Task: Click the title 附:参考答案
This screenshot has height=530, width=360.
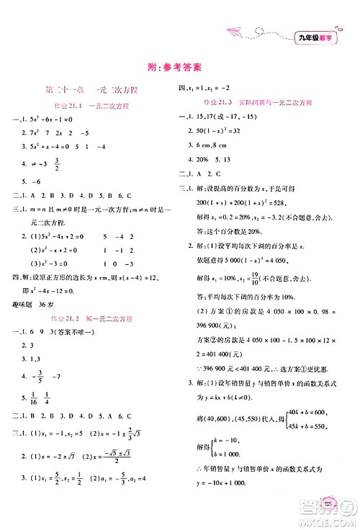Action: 179,64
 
